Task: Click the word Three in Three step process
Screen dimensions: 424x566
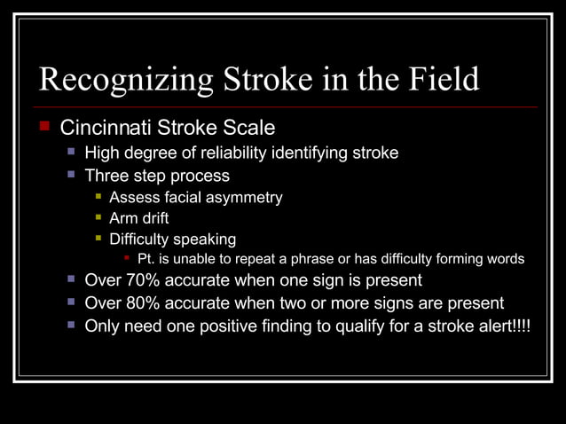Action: pyautogui.click(x=106, y=176)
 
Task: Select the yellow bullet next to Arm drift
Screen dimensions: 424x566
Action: pyautogui.click(x=99, y=217)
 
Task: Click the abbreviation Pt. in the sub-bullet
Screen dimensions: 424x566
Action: pyautogui.click(x=147, y=259)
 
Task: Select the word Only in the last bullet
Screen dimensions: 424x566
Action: pyautogui.click(x=102, y=326)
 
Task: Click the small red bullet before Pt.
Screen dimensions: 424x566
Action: pyautogui.click(x=128, y=259)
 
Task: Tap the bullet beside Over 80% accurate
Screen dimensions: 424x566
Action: pyautogui.click(x=72, y=302)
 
